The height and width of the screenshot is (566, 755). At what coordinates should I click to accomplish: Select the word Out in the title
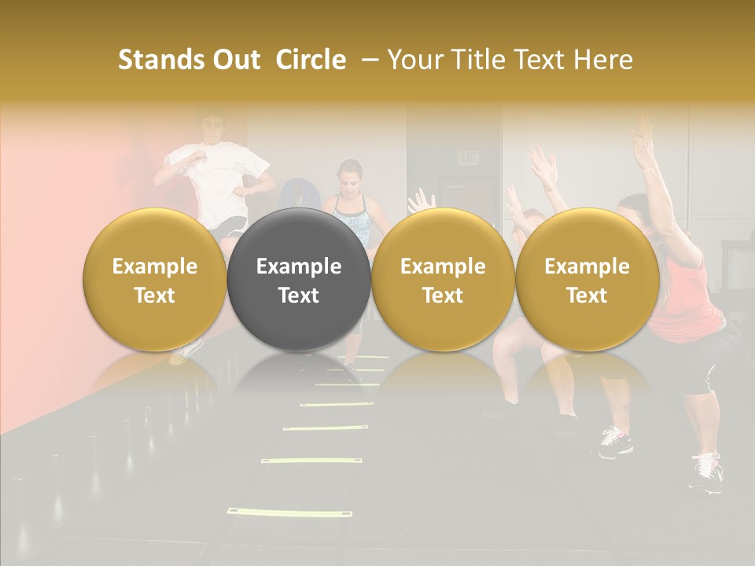click(x=234, y=60)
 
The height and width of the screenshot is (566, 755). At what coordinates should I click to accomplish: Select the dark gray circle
click(x=299, y=280)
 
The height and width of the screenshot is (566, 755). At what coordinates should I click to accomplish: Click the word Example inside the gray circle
click(x=299, y=266)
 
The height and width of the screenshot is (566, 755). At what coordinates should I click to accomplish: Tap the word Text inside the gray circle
click(x=299, y=296)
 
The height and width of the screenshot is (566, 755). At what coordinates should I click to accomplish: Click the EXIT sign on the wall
click(x=469, y=158)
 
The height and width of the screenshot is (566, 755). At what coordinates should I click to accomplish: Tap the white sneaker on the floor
click(x=706, y=472)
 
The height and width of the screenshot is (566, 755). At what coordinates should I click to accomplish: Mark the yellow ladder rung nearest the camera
click(x=256, y=513)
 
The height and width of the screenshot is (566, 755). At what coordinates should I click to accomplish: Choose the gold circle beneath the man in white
click(x=155, y=280)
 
